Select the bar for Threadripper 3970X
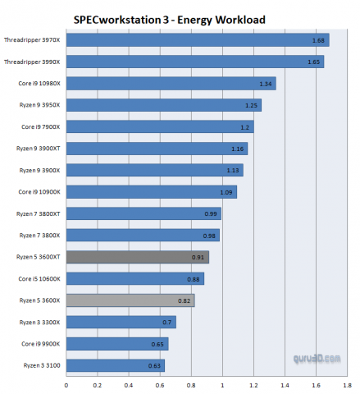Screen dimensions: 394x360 click(x=197, y=39)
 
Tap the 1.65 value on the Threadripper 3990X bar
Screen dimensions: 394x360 click(x=313, y=62)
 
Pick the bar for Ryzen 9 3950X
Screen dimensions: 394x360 click(x=163, y=105)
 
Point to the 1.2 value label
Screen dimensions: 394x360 click(x=244, y=126)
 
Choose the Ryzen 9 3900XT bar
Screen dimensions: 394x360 click(x=156, y=149)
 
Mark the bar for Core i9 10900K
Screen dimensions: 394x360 click(x=151, y=192)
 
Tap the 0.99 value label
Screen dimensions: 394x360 click(x=212, y=213)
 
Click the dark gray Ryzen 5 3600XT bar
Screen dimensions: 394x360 click(x=137, y=257)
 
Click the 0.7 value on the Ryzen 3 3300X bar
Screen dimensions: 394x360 click(x=166, y=322)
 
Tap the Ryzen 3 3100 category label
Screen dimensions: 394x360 click(x=42, y=365)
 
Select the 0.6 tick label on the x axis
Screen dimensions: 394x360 click(x=159, y=384)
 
